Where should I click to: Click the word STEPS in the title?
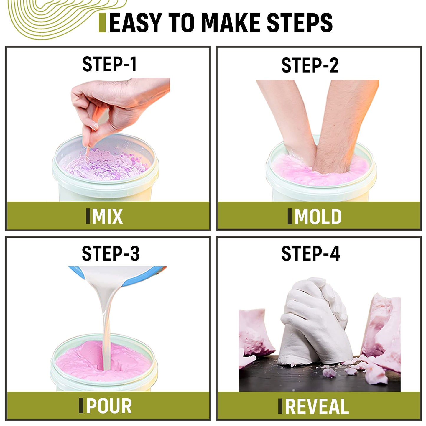coord(300,23)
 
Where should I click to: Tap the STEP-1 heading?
coord(109,64)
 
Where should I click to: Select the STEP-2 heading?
coord(310,65)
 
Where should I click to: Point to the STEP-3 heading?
coord(111,253)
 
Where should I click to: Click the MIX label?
coord(107,216)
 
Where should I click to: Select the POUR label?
coord(109,406)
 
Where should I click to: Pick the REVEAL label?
coord(317,406)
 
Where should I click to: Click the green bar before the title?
coord(102,23)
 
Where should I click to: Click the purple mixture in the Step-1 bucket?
coord(106,164)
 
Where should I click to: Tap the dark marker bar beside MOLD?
coord(290,216)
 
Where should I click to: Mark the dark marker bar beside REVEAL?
coord(280,406)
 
